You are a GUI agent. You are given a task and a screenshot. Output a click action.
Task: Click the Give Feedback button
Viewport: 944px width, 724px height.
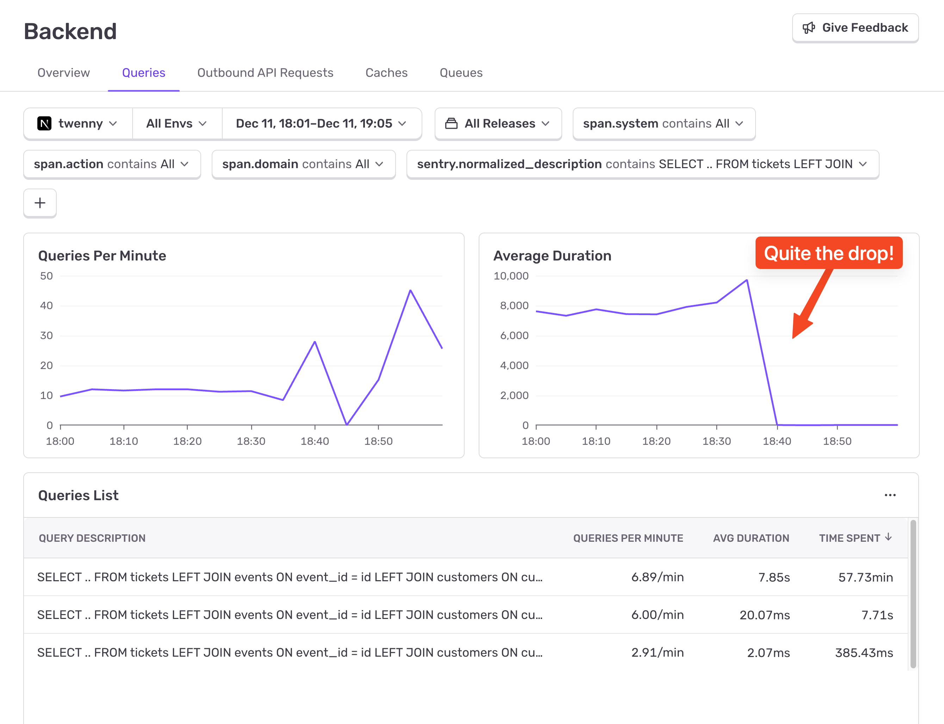tap(855, 28)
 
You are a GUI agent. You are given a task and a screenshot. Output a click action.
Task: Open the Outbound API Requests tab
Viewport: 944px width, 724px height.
tap(265, 73)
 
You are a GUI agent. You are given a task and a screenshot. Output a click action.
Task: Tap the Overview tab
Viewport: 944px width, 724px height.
tap(64, 73)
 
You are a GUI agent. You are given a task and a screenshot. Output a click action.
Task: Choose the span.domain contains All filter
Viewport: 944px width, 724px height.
tap(303, 164)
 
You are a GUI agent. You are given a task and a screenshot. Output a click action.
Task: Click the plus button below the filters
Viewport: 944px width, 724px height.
tap(40, 203)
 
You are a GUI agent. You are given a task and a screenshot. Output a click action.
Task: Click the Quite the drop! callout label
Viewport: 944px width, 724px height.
tap(828, 253)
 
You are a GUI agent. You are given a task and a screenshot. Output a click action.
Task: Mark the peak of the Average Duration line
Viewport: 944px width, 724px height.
tap(746, 281)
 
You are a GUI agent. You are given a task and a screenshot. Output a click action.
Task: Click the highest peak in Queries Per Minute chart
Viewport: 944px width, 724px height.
tap(410, 290)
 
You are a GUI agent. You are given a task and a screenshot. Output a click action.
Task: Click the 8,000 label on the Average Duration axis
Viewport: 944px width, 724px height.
tap(514, 306)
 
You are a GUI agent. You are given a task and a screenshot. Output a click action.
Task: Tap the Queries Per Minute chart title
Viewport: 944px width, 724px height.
tap(102, 256)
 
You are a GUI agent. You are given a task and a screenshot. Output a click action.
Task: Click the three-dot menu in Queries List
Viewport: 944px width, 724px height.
tap(890, 495)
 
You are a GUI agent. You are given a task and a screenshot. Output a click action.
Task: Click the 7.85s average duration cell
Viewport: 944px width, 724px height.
tap(774, 577)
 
